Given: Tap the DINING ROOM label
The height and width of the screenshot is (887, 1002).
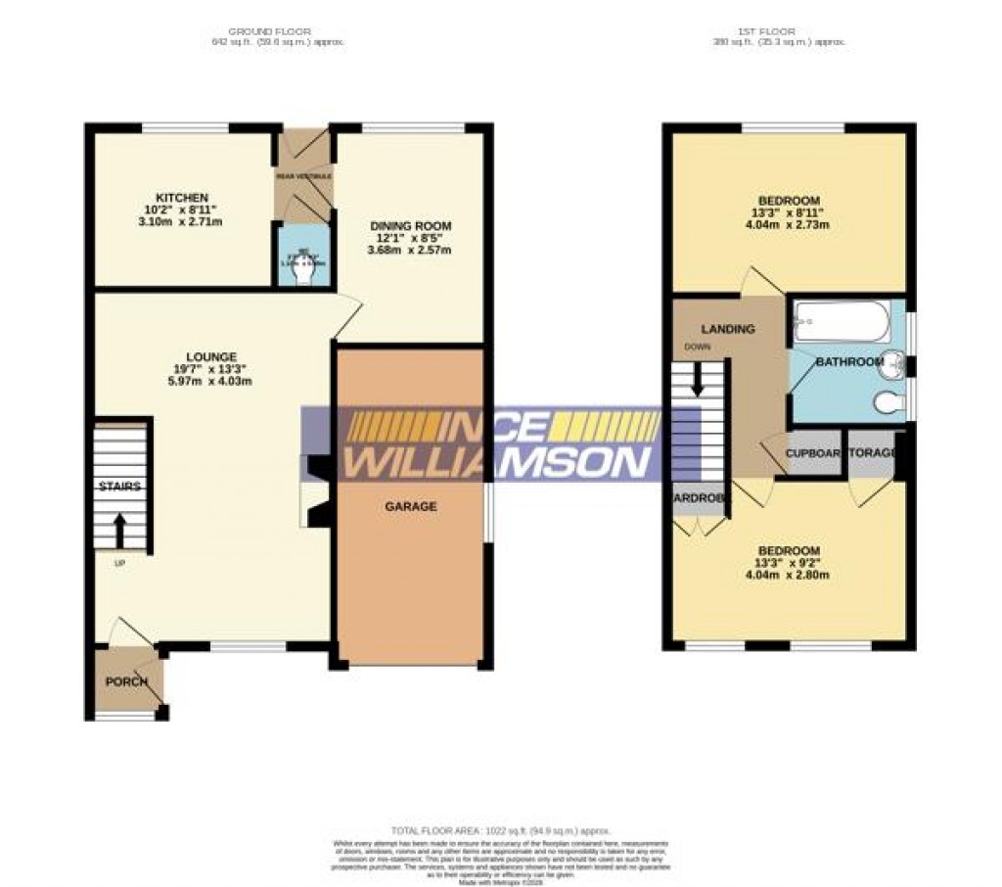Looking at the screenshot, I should click(x=411, y=226).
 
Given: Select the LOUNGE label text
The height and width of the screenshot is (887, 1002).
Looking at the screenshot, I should click(x=212, y=355).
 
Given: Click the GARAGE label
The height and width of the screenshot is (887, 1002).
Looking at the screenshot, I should click(x=411, y=506).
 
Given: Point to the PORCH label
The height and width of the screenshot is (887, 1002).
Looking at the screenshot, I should click(x=126, y=681).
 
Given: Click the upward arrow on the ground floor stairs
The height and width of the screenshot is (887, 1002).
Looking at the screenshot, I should click(x=120, y=530).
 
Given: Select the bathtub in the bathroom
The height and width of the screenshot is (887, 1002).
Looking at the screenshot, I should click(x=842, y=322).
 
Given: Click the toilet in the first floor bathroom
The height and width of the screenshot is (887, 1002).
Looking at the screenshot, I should click(x=888, y=401).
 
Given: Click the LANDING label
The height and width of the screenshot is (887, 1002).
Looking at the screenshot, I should click(x=727, y=329).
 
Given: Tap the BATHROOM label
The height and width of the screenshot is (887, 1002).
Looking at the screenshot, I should click(x=849, y=362).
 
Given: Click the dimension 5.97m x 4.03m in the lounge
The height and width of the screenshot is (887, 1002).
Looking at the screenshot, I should click(x=212, y=381).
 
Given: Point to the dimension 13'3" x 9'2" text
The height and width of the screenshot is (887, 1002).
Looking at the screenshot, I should click(x=789, y=563).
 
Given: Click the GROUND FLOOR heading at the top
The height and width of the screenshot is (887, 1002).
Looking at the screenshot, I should click(x=277, y=31).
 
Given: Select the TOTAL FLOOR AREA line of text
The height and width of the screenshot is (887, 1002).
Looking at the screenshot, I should click(x=500, y=831).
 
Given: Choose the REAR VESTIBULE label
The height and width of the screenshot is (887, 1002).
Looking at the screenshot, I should click(x=304, y=176).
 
